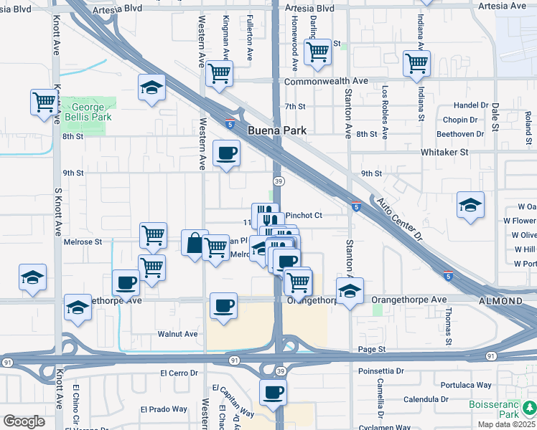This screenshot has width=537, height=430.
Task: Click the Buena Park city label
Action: [x=277, y=131]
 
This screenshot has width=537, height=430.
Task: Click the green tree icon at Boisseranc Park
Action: [x=530, y=408]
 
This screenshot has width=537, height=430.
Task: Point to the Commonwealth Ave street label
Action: [x=326, y=82]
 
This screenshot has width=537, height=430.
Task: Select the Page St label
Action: [x=372, y=349]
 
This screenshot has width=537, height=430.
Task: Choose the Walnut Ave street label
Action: [x=179, y=334]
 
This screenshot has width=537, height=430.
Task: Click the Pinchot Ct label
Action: [x=304, y=215]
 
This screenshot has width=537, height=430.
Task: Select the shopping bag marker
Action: [x=195, y=243]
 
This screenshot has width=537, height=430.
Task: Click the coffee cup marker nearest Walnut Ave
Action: [x=223, y=305]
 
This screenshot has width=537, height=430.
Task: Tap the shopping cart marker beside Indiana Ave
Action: [x=416, y=62]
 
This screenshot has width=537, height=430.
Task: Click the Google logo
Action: [x=24, y=421]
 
